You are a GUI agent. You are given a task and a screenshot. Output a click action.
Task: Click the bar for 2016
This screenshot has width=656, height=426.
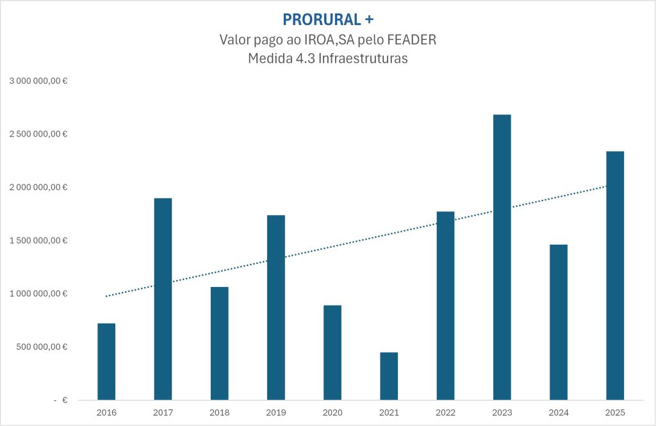[106, 361]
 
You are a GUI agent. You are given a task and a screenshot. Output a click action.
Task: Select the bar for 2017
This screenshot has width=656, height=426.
[163, 299]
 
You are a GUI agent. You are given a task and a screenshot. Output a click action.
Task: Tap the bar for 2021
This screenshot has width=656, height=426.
[389, 376]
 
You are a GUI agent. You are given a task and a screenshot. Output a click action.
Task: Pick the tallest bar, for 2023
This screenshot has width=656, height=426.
[502, 257]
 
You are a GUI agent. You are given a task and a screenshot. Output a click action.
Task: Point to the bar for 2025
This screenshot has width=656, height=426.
[614, 275]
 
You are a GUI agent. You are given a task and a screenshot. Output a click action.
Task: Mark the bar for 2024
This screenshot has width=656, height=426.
[558, 322]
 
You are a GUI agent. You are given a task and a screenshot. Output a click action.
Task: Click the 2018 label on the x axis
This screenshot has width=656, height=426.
[219, 413]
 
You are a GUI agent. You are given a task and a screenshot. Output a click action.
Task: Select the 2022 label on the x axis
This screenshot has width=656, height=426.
[445, 413]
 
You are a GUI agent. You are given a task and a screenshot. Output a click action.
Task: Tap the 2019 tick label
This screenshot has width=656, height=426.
[275, 413]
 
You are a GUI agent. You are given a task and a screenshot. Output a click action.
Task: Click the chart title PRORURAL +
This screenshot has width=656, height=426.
[327, 20]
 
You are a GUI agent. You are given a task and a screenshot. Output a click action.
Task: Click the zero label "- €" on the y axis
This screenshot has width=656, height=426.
[61, 400]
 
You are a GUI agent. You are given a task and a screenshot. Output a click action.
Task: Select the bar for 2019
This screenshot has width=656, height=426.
[275, 307]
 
